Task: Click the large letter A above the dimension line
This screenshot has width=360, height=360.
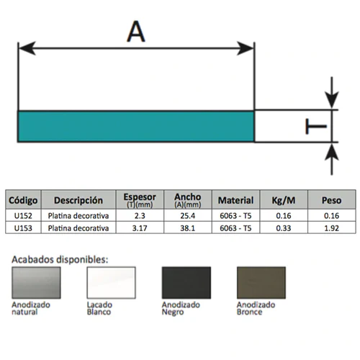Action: [136, 32]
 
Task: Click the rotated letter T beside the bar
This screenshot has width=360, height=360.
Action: [316, 126]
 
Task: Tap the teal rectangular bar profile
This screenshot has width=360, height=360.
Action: [136, 126]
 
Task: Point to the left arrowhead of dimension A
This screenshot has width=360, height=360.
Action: [27, 48]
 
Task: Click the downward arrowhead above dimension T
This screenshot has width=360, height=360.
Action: [332, 99]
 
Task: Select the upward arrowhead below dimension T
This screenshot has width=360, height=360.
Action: [332, 153]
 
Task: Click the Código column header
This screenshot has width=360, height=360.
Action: [23, 200]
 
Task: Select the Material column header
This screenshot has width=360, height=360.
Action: [235, 200]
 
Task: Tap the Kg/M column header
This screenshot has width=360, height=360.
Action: [284, 200]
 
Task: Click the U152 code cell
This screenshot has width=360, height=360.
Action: [23, 216]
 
